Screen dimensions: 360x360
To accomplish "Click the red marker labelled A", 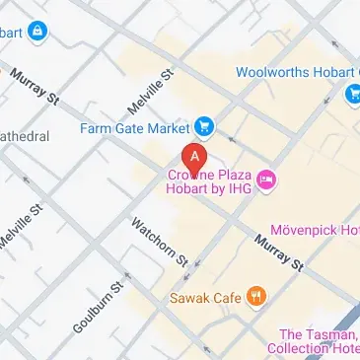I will pos(195,158).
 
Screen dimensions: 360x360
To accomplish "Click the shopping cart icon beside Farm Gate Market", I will pos(204,125).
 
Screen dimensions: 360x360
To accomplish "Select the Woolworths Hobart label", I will pos(297,72).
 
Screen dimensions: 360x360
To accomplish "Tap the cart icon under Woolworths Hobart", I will pos(352,94).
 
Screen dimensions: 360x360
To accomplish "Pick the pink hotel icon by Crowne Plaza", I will pos(266,179).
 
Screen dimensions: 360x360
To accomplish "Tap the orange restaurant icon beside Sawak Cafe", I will pos(256,294).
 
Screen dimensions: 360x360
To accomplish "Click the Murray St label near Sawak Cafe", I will pos(275,253).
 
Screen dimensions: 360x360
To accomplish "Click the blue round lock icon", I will pos(38,34).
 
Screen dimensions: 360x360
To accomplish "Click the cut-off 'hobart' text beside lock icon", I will pos(10,34).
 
